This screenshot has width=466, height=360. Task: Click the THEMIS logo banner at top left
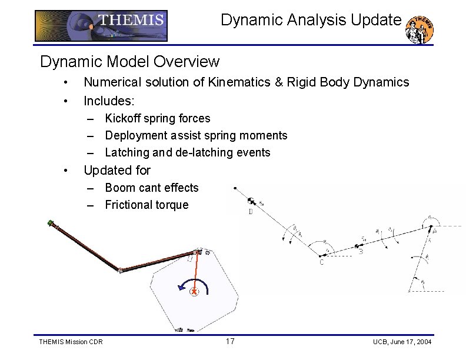pos(101,25)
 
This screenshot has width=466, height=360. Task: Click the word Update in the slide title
pos(375,20)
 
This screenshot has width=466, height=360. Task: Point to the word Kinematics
pos(235,82)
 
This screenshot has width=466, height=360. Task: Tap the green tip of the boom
pos(51,223)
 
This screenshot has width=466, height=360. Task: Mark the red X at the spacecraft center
pos(194,291)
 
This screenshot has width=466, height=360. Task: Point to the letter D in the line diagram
pos(250,212)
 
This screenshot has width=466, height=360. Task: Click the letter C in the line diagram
pos(321,262)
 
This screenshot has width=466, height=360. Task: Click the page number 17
pos(231,342)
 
